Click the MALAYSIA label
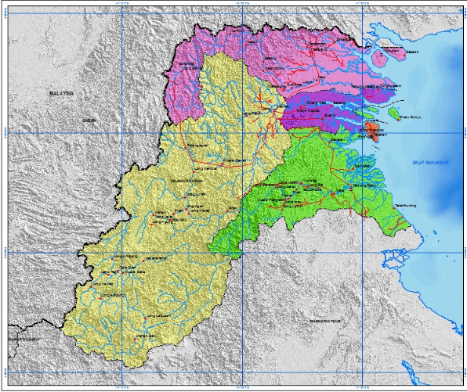pos(61,93)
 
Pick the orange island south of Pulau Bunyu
pos(373,128)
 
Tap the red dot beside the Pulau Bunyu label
pos(398,116)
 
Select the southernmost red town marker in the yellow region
pos(138,337)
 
